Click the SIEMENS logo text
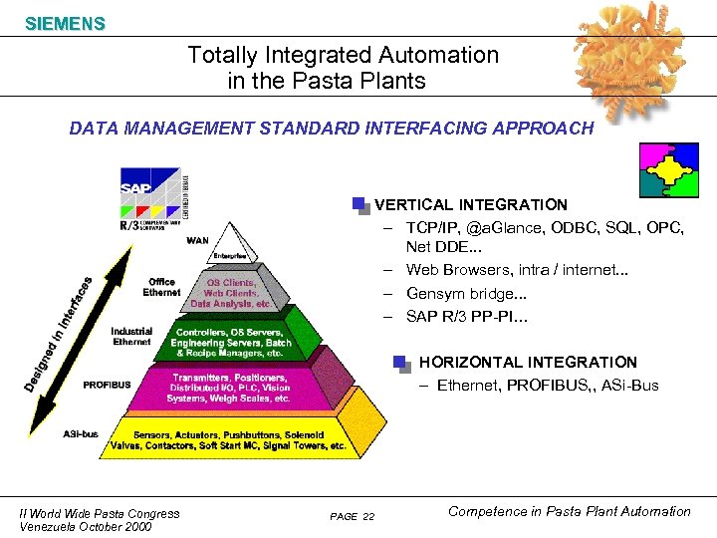pyautogui.click(x=65, y=24)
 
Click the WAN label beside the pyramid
pyautogui.click(x=197, y=240)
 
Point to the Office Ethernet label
pyautogui.click(x=161, y=287)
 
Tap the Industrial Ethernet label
pyautogui.click(x=131, y=336)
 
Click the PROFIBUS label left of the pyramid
pyautogui.click(x=107, y=385)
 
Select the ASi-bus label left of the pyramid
pyautogui.click(x=81, y=433)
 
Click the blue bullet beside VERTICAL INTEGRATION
pyautogui.click(x=360, y=205)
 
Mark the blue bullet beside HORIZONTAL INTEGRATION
pyautogui.click(x=401, y=363)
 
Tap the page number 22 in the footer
pyautogui.click(x=368, y=516)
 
